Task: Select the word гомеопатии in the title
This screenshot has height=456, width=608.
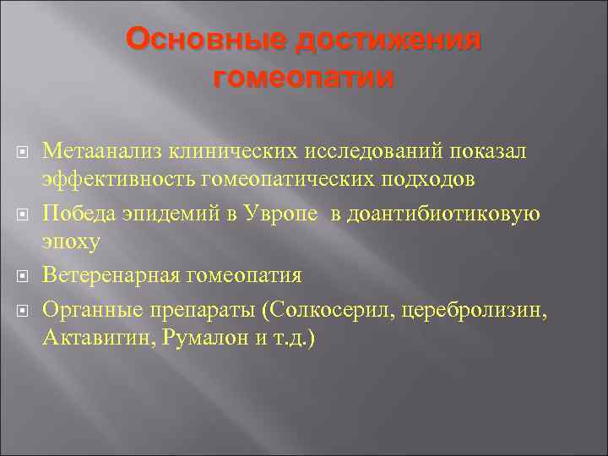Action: tap(303, 79)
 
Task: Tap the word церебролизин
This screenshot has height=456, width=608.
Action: tap(474, 309)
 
